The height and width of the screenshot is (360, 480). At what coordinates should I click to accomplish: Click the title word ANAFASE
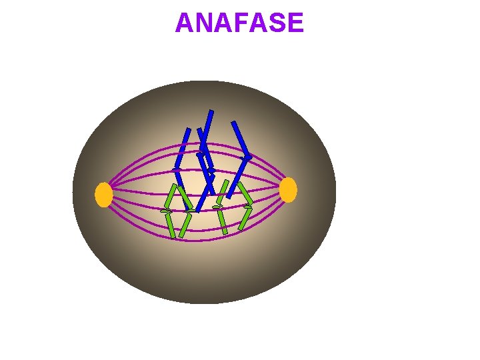239,23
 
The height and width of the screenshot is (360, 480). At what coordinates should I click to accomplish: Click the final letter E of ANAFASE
296,23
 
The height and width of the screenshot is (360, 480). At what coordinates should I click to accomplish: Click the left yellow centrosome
103,195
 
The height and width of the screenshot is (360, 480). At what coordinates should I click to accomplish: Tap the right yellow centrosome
288,190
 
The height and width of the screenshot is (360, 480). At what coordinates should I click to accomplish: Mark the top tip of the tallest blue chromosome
211,111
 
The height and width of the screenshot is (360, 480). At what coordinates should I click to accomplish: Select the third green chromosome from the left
221,207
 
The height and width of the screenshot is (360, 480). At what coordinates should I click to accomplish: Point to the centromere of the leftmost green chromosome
166,211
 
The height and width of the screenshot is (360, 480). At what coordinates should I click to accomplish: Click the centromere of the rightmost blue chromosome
247,157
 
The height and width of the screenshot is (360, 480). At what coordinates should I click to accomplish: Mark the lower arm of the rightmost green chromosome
245,219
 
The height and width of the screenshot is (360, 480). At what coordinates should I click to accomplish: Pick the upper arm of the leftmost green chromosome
171,197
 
